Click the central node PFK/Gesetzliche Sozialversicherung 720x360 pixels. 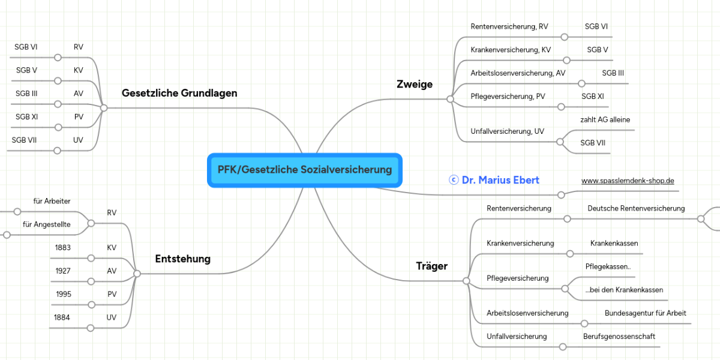click(x=304, y=170)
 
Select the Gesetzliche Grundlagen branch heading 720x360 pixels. click(x=179, y=94)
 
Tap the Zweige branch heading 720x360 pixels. click(x=415, y=85)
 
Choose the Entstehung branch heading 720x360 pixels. click(x=183, y=259)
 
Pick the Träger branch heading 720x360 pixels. click(x=432, y=266)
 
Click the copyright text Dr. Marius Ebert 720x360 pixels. click(x=494, y=180)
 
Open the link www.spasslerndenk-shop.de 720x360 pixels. click(x=628, y=181)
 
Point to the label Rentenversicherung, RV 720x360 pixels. click(x=509, y=27)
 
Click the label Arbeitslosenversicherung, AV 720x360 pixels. click(x=518, y=73)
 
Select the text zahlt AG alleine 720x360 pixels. click(x=605, y=120)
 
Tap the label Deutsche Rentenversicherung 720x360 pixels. click(x=636, y=209)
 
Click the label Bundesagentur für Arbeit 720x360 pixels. click(x=645, y=314)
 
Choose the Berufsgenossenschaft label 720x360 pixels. click(x=619, y=337)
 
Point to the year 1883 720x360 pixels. click(x=63, y=248)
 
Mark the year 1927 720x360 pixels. click(x=63, y=271)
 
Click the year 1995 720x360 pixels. click(x=64, y=295)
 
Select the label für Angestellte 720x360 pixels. click(x=46, y=224)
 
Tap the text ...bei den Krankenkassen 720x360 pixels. click(x=624, y=290)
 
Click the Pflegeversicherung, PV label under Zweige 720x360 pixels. click(x=508, y=97)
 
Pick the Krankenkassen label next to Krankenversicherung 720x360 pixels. click(x=614, y=244)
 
